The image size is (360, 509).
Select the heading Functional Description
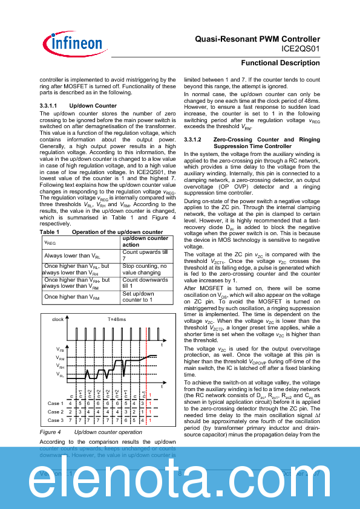[281, 63]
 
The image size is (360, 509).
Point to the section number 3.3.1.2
[195, 140]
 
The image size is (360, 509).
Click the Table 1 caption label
[49, 232]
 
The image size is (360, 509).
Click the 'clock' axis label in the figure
[57, 319]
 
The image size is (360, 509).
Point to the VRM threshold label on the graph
[60, 358]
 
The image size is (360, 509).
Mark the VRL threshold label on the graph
[60, 375]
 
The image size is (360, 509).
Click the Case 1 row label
[55, 403]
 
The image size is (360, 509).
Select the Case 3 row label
[55, 420]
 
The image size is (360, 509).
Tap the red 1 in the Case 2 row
[150, 412]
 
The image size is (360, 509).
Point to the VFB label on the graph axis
[60, 349]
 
